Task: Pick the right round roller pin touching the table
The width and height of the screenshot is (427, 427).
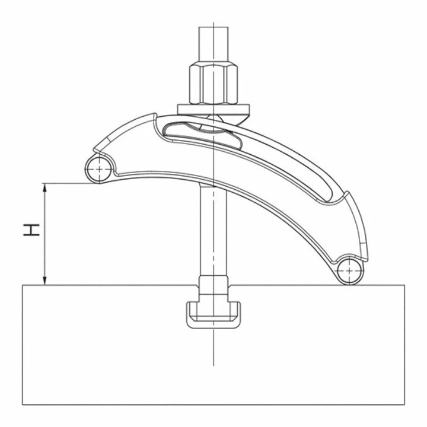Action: (350, 272)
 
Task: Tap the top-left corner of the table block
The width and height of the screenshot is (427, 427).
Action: (22, 285)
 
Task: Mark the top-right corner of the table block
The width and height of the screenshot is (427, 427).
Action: (405, 285)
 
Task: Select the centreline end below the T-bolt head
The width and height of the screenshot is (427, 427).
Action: (212, 363)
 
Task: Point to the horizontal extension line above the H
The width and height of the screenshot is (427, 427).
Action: (65, 183)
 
